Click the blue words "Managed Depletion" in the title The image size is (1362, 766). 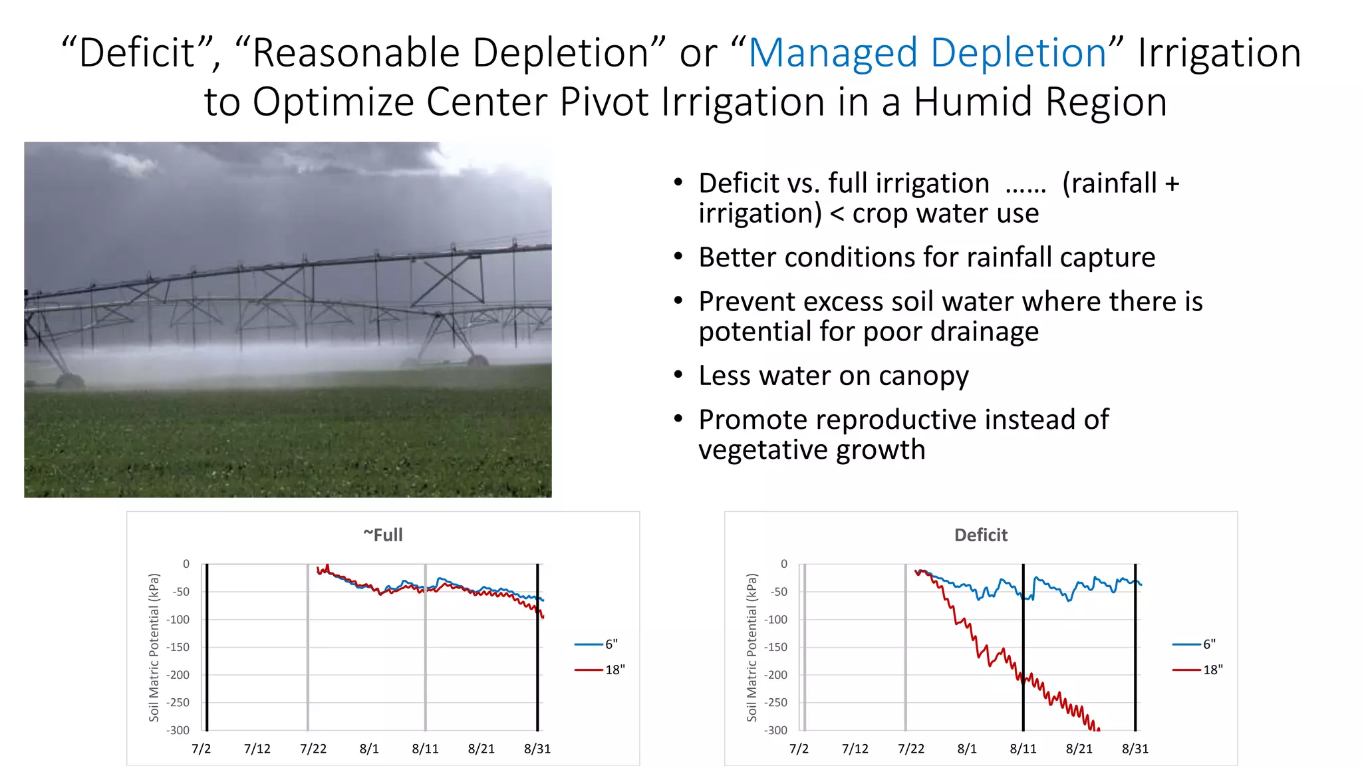pos(927,53)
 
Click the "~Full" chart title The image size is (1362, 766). pos(383,535)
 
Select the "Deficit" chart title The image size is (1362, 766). pos(980,535)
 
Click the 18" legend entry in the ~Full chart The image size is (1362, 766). pos(600,670)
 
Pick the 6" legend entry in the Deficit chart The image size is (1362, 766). pos(1194,644)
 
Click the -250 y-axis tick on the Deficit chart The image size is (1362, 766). pos(775,703)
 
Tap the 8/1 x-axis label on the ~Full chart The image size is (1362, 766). pos(369,749)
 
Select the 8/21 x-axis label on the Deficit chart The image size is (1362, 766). pos(1079,749)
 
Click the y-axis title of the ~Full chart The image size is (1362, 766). pos(154,647)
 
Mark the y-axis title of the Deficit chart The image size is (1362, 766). pos(752,647)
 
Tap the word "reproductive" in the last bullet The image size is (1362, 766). pos(837,420)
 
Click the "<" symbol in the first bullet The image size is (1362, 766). pos(837,214)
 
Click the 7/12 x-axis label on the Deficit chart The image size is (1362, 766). pos(855,749)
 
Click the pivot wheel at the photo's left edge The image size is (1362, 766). pos(69,381)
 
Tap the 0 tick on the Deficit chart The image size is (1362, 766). pos(783,564)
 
